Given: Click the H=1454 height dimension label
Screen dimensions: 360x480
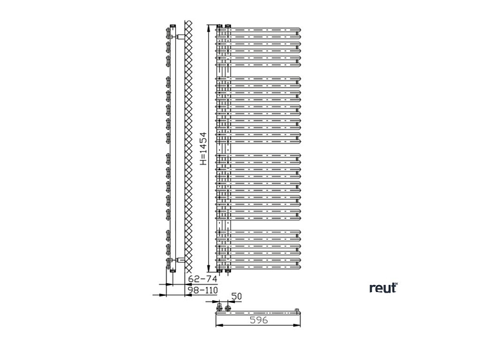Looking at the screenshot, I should click(203, 149).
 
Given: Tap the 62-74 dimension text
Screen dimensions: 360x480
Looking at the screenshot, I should click(203, 279).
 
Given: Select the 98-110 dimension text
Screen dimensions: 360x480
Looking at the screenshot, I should click(203, 290).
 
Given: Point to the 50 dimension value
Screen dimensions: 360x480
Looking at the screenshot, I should click(237, 296).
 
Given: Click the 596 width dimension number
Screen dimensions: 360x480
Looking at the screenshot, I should click(257, 321).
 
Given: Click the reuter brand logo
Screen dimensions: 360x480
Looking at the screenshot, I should click(383, 288).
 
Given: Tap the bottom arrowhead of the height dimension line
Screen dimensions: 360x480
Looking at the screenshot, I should click(210, 269).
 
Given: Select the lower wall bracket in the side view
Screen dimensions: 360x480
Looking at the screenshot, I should click(180, 260).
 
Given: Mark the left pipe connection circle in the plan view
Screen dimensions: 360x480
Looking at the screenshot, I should click(220, 310).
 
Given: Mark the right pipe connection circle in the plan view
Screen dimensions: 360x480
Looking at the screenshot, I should click(228, 310).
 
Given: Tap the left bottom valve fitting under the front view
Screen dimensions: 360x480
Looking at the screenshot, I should click(219, 270).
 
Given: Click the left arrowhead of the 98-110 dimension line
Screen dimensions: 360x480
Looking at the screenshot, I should click(166, 295).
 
